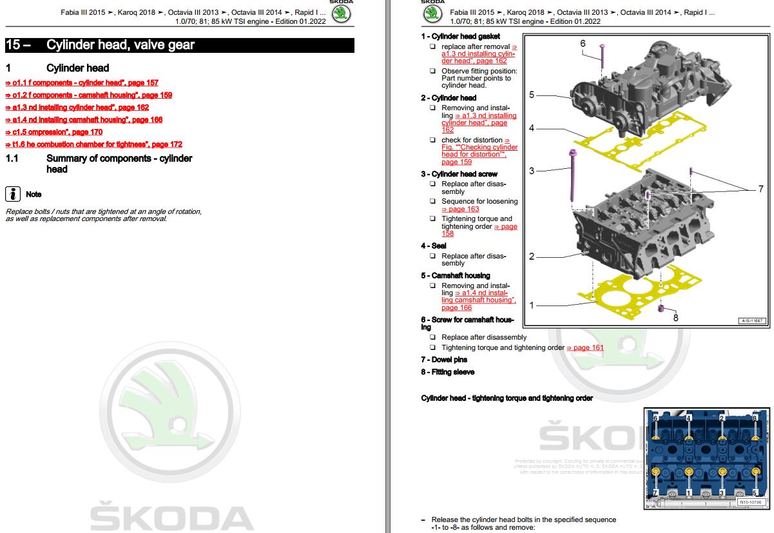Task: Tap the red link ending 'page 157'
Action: (82, 83)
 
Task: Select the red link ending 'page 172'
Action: (94, 144)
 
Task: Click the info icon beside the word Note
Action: (12, 194)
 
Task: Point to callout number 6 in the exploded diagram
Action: (583, 44)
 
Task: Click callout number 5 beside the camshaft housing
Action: (532, 95)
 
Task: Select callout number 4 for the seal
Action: (532, 128)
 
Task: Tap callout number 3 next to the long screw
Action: (532, 171)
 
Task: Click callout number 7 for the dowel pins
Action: (760, 189)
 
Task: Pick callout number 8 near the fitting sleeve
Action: (675, 317)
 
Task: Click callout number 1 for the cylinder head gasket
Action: (532, 305)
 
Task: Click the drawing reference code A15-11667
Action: (751, 320)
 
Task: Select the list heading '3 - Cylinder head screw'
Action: (459, 174)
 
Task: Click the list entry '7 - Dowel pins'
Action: (444, 360)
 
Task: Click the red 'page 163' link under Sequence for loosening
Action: (460, 209)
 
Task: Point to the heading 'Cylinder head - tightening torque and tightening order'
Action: (507, 398)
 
